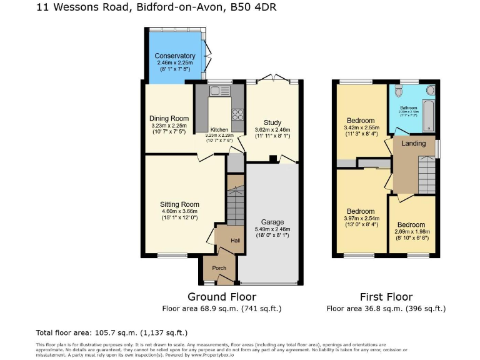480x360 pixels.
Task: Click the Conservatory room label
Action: tap(176, 56)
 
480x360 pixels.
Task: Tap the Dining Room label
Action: tap(169, 118)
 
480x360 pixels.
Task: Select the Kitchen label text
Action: tap(219, 129)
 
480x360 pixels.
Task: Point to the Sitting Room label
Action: tap(179, 204)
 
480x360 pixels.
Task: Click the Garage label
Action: tap(272, 222)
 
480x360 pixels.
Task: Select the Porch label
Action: tap(219, 268)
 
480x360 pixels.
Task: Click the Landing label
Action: tap(413, 143)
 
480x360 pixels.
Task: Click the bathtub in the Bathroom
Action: tap(429, 112)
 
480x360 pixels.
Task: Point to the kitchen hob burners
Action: tap(237, 114)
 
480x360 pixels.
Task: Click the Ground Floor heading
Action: tap(222, 297)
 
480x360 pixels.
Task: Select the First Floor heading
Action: tap(386, 297)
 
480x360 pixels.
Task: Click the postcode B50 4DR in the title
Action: tap(254, 8)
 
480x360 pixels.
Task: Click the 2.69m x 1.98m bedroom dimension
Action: tap(411, 231)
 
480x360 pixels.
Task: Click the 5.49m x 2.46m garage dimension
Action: tap(272, 229)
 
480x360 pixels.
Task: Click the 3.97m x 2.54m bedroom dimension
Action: tap(361, 218)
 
